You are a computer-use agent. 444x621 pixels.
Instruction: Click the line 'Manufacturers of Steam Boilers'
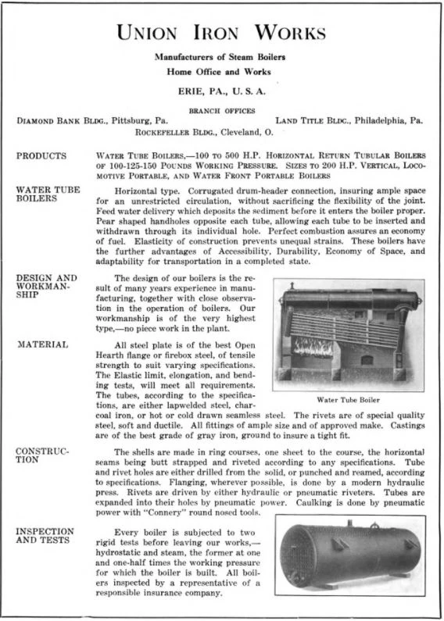point(221,58)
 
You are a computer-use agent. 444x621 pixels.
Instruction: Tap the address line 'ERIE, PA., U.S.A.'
point(221,91)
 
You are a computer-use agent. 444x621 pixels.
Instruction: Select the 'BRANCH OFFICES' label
point(221,110)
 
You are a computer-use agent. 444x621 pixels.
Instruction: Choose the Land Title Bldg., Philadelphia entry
point(349,121)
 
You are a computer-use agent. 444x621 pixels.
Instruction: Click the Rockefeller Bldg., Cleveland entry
point(221,132)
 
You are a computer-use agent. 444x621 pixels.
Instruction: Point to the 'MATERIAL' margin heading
point(42,344)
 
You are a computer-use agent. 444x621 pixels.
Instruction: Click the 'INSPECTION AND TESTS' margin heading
point(45,536)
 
